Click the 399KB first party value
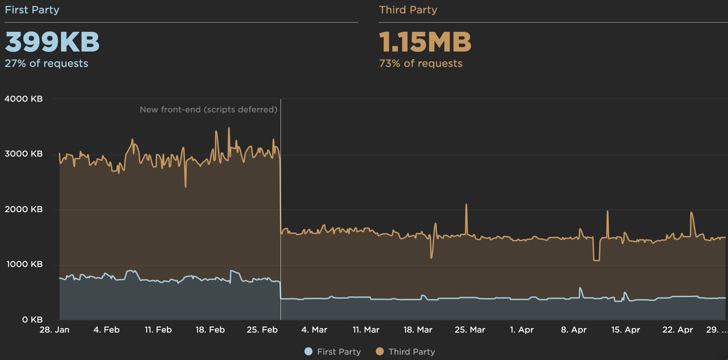click(52, 42)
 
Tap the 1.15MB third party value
click(425, 42)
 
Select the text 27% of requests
click(47, 63)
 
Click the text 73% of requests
click(421, 63)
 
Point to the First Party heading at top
click(32, 10)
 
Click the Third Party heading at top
click(408, 10)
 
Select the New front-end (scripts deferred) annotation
click(208, 109)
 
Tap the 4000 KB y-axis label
click(23, 99)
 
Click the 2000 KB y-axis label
click(23, 209)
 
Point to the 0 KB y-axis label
click(32, 320)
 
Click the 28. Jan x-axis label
click(55, 330)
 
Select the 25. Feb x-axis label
click(262, 330)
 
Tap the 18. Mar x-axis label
click(418, 330)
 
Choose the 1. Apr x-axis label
click(522, 330)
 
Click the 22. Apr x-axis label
click(677, 330)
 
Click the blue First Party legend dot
click(308, 351)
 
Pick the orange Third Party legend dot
click(380, 351)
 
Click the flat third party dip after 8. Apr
click(596, 260)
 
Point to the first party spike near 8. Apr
click(580, 288)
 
